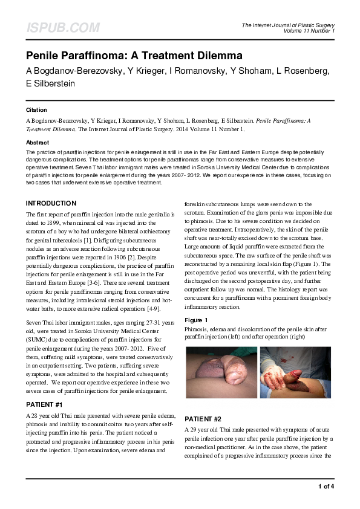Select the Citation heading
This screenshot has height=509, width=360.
coord(37,110)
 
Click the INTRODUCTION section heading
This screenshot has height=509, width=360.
coord(51,204)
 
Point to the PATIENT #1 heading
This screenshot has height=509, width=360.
coord(45,403)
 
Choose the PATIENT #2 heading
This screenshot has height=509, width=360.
coord(203,419)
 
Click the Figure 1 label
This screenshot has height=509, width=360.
coord(196,320)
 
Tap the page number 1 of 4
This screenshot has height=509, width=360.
coord(326,486)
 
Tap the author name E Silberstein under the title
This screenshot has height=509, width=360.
coord(51,84)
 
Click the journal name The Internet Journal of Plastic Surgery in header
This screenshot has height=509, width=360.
coord(288,25)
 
